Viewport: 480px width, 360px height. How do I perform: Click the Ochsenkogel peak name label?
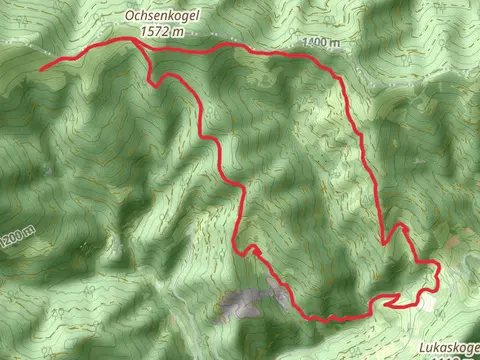tap(155, 17)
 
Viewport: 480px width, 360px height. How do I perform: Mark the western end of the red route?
tap(42, 68)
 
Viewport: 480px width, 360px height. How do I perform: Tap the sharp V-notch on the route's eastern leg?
tap(405, 228)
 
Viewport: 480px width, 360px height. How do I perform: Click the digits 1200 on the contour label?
tap(14, 238)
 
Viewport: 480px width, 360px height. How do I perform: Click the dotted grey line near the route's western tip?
tap(30, 50)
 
